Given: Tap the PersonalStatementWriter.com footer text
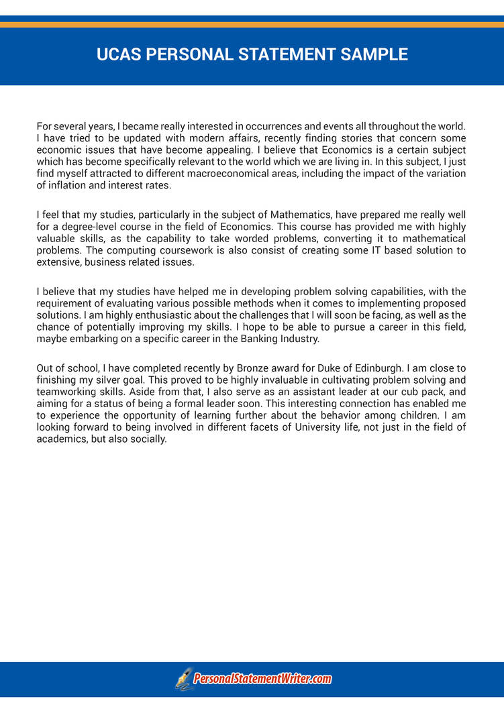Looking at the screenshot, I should pos(263,679).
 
